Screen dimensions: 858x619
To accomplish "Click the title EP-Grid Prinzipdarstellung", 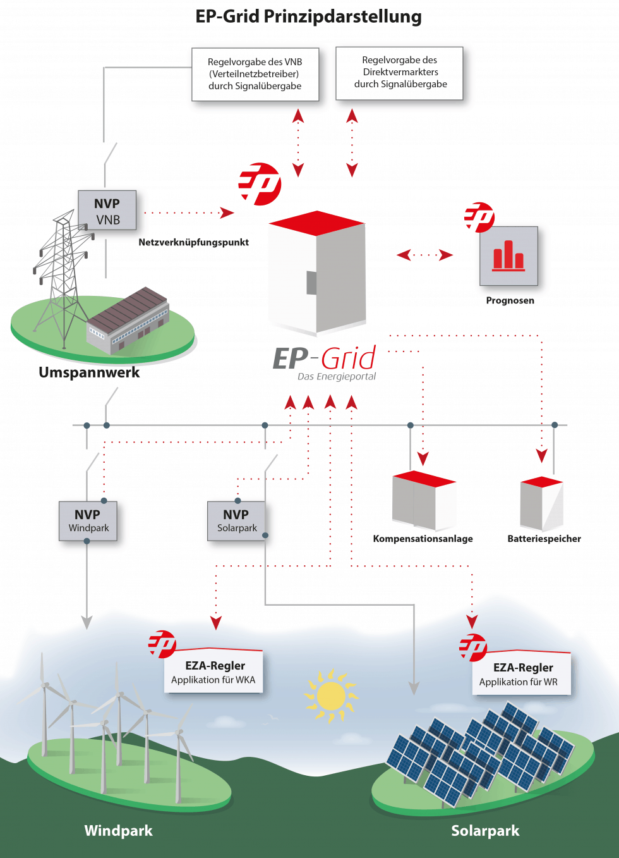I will (308, 16).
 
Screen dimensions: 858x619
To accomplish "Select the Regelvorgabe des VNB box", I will (255, 74).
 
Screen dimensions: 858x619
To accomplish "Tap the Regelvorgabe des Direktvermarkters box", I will (400, 73).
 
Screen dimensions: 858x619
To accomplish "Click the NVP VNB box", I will (107, 211).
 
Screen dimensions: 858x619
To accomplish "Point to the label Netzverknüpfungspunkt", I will (193, 242).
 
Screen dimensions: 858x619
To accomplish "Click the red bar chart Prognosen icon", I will (508, 256).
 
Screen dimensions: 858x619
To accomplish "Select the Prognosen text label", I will (510, 300).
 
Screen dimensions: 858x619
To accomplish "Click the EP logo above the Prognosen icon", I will (479, 217).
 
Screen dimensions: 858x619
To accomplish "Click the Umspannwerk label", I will (89, 372).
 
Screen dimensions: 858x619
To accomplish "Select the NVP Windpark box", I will (88, 521).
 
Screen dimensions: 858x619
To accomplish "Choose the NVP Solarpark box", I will (236, 521).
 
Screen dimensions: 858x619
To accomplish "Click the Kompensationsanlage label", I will (423, 539).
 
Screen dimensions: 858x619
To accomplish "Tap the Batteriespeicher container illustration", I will (541, 504).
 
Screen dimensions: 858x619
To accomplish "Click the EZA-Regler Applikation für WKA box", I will (213, 672).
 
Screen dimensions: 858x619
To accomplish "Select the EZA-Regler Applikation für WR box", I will (521, 674).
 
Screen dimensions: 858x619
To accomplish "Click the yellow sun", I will (331, 696).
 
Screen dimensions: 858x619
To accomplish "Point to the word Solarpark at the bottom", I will (485, 831).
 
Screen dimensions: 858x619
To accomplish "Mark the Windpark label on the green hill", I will (118, 831).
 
